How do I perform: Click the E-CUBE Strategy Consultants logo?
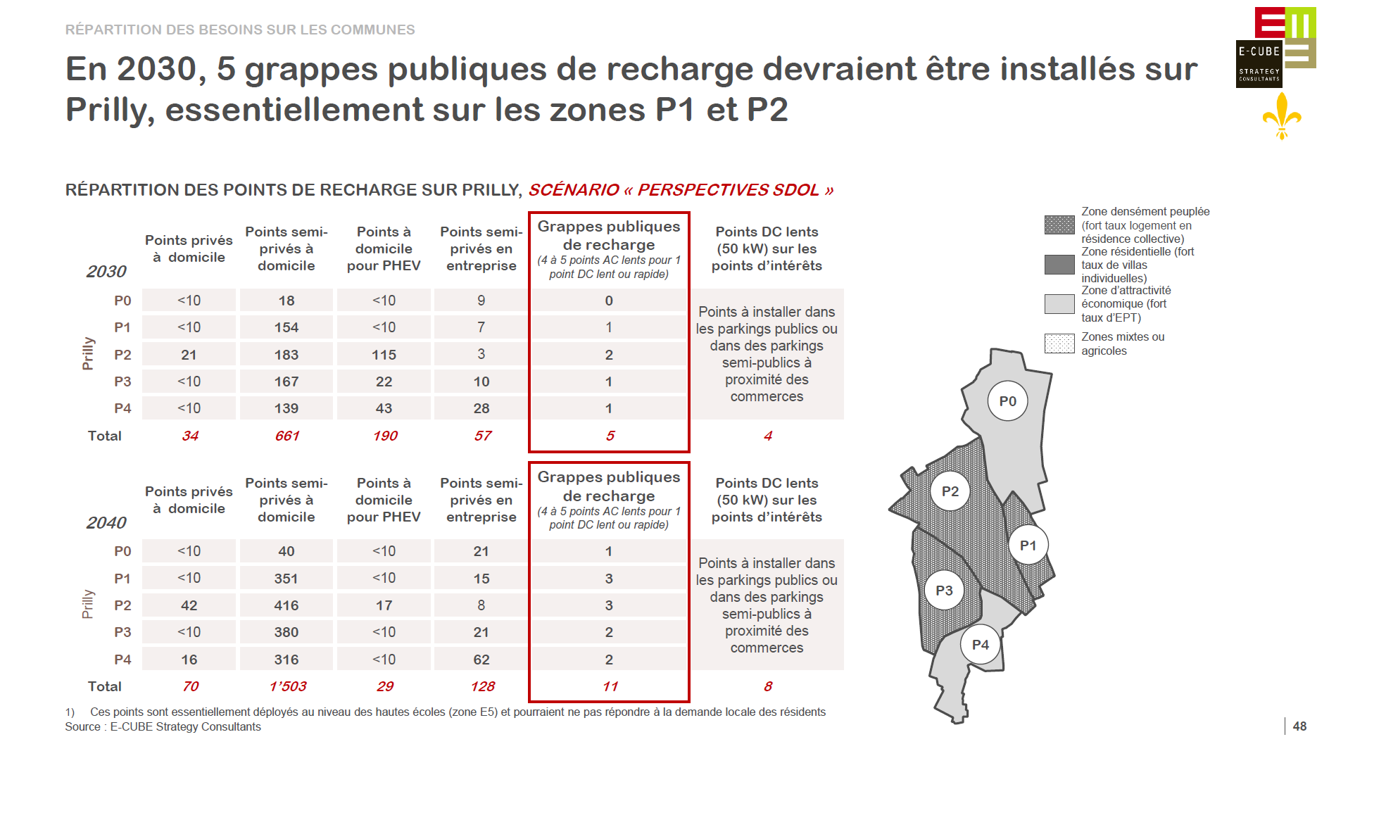(x=1275, y=47)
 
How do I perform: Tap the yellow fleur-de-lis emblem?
(x=1282, y=116)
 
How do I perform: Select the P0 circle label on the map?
(x=1007, y=401)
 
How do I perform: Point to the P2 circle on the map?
(x=950, y=491)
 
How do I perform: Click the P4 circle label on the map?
(x=980, y=644)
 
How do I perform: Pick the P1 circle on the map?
(x=1028, y=546)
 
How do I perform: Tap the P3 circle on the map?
(x=944, y=591)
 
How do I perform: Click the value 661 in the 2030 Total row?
(x=287, y=436)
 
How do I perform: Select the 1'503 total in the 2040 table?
(x=287, y=686)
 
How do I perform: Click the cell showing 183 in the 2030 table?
(x=286, y=355)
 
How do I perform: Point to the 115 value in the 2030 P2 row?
(x=384, y=355)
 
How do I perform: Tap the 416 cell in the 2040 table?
(x=286, y=605)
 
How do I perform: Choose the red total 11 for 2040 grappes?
(x=610, y=686)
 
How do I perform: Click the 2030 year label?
(x=106, y=272)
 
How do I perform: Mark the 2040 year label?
(x=106, y=523)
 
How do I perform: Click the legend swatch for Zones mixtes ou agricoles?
(x=1059, y=344)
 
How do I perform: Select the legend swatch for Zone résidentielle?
(x=1059, y=265)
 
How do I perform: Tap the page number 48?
(x=1299, y=726)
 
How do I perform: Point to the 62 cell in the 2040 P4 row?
(x=481, y=660)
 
